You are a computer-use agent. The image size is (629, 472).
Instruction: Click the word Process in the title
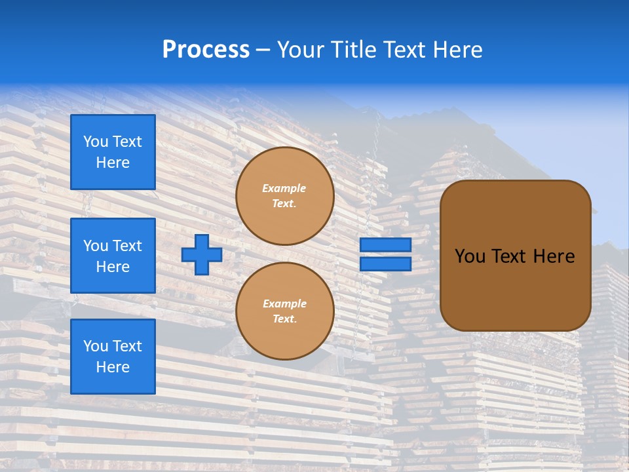pos(206,49)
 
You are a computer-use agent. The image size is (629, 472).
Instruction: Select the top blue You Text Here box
pos(113,152)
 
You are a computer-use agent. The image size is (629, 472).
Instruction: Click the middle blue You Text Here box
pos(113,256)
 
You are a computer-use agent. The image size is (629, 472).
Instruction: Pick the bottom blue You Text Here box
pos(113,356)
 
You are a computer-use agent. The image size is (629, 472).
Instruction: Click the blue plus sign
pos(202,254)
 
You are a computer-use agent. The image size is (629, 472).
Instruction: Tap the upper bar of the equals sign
pos(386,245)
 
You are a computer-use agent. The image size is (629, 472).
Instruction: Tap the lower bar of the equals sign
pos(386,264)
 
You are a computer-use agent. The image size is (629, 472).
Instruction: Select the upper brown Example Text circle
pos(285,196)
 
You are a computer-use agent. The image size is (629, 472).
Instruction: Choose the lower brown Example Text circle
pos(285,311)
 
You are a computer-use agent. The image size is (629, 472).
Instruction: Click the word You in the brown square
pos(470,256)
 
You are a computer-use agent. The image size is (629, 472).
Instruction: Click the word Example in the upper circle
pos(284,188)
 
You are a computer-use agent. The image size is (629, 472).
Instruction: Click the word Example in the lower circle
pos(284,304)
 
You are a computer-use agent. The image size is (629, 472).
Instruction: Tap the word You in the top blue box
pos(96,142)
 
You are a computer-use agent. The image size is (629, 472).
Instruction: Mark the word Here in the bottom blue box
pos(113,367)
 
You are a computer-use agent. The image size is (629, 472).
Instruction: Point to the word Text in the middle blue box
pos(127,246)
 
